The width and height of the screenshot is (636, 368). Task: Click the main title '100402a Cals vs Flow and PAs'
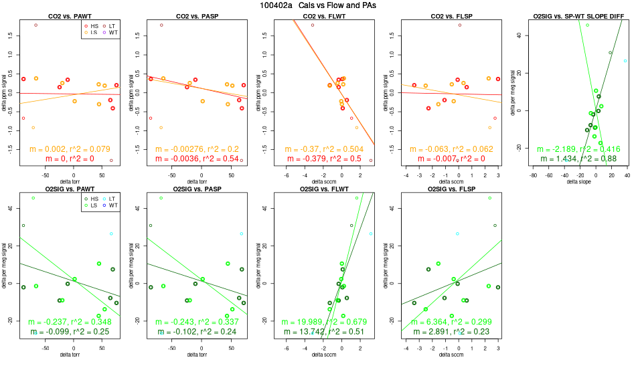pos(318,5)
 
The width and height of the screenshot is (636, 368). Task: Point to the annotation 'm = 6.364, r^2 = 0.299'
pos(452,321)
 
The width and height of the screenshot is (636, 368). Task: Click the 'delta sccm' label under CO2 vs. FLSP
pos(452,181)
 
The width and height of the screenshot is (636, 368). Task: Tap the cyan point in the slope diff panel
pos(625,61)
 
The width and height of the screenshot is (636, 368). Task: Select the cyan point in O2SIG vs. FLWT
pos(370,234)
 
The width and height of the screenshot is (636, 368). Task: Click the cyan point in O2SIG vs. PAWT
pos(111,234)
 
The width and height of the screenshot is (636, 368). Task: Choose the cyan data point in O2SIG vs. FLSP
pos(457,234)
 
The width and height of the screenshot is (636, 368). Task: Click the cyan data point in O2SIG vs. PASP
pos(241,234)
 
